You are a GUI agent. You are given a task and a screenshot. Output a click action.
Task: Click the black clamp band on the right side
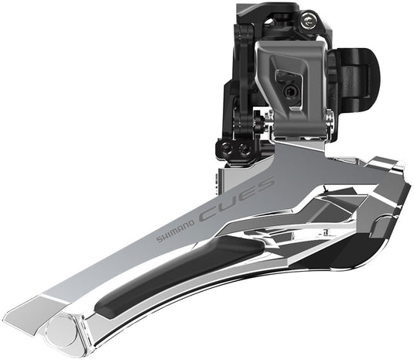[358, 72]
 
